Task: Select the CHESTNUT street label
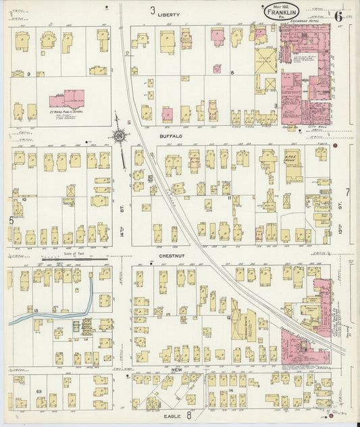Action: [x=173, y=256]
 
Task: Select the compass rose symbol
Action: [x=119, y=136]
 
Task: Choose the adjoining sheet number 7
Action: [x=348, y=193]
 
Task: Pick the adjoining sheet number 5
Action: [x=10, y=220]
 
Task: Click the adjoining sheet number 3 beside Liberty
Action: [x=153, y=11]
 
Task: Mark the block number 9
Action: [x=30, y=74]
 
